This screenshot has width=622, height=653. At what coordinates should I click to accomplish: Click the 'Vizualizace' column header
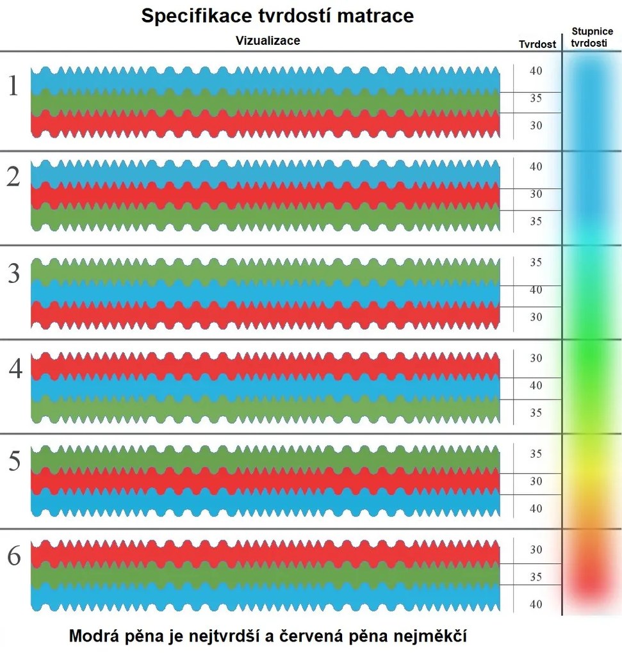[x=268, y=41]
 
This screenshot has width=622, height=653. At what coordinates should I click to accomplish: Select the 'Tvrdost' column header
[x=537, y=45]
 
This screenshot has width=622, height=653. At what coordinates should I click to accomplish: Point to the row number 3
[x=13, y=274]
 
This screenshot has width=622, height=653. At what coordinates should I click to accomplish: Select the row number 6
[x=13, y=557]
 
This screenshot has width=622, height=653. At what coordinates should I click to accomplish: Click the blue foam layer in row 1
[x=265, y=80]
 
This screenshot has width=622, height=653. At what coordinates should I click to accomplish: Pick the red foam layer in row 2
[x=265, y=195]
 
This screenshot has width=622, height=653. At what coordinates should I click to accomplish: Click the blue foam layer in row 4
[x=265, y=387]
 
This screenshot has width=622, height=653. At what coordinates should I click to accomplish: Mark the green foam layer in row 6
[x=265, y=576]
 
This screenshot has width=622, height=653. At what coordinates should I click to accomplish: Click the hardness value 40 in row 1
[x=536, y=70]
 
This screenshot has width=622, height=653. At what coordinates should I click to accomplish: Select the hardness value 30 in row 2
[x=536, y=193]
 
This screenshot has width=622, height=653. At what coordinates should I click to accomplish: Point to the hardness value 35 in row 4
[x=536, y=413]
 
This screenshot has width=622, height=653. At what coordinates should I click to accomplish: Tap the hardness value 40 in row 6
[x=536, y=604]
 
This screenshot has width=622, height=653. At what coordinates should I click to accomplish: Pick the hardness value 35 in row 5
[x=536, y=454]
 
